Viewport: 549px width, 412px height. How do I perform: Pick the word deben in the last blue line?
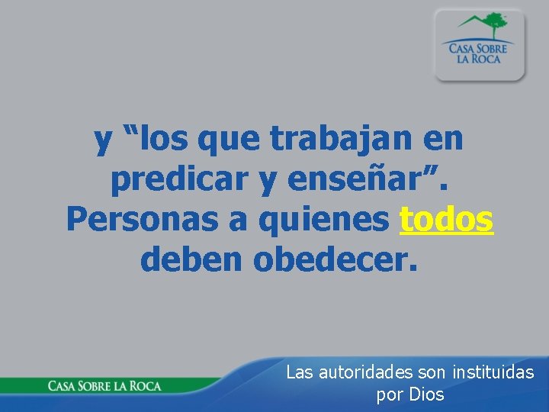(191, 259)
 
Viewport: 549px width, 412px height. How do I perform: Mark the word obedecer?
(335, 259)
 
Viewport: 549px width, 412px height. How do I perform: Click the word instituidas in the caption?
(493, 372)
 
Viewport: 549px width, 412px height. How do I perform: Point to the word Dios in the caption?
(426, 394)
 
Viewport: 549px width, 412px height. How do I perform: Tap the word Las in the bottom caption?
(299, 372)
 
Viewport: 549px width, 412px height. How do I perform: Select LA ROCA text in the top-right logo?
(479, 58)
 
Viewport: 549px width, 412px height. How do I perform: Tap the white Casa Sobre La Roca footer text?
(104, 385)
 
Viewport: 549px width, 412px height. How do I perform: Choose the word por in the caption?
(390, 395)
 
